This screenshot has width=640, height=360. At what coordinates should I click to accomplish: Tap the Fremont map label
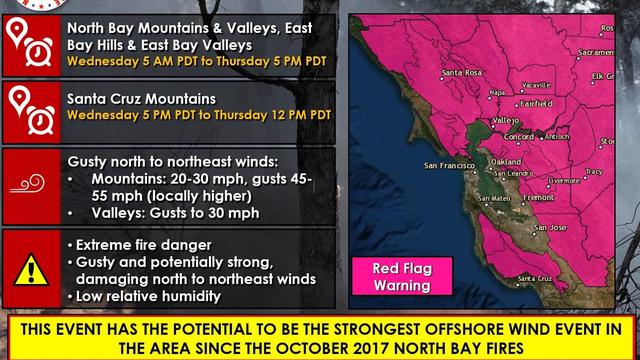pos(538,198)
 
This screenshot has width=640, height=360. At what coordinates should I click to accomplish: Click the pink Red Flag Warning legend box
pos(401,277)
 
